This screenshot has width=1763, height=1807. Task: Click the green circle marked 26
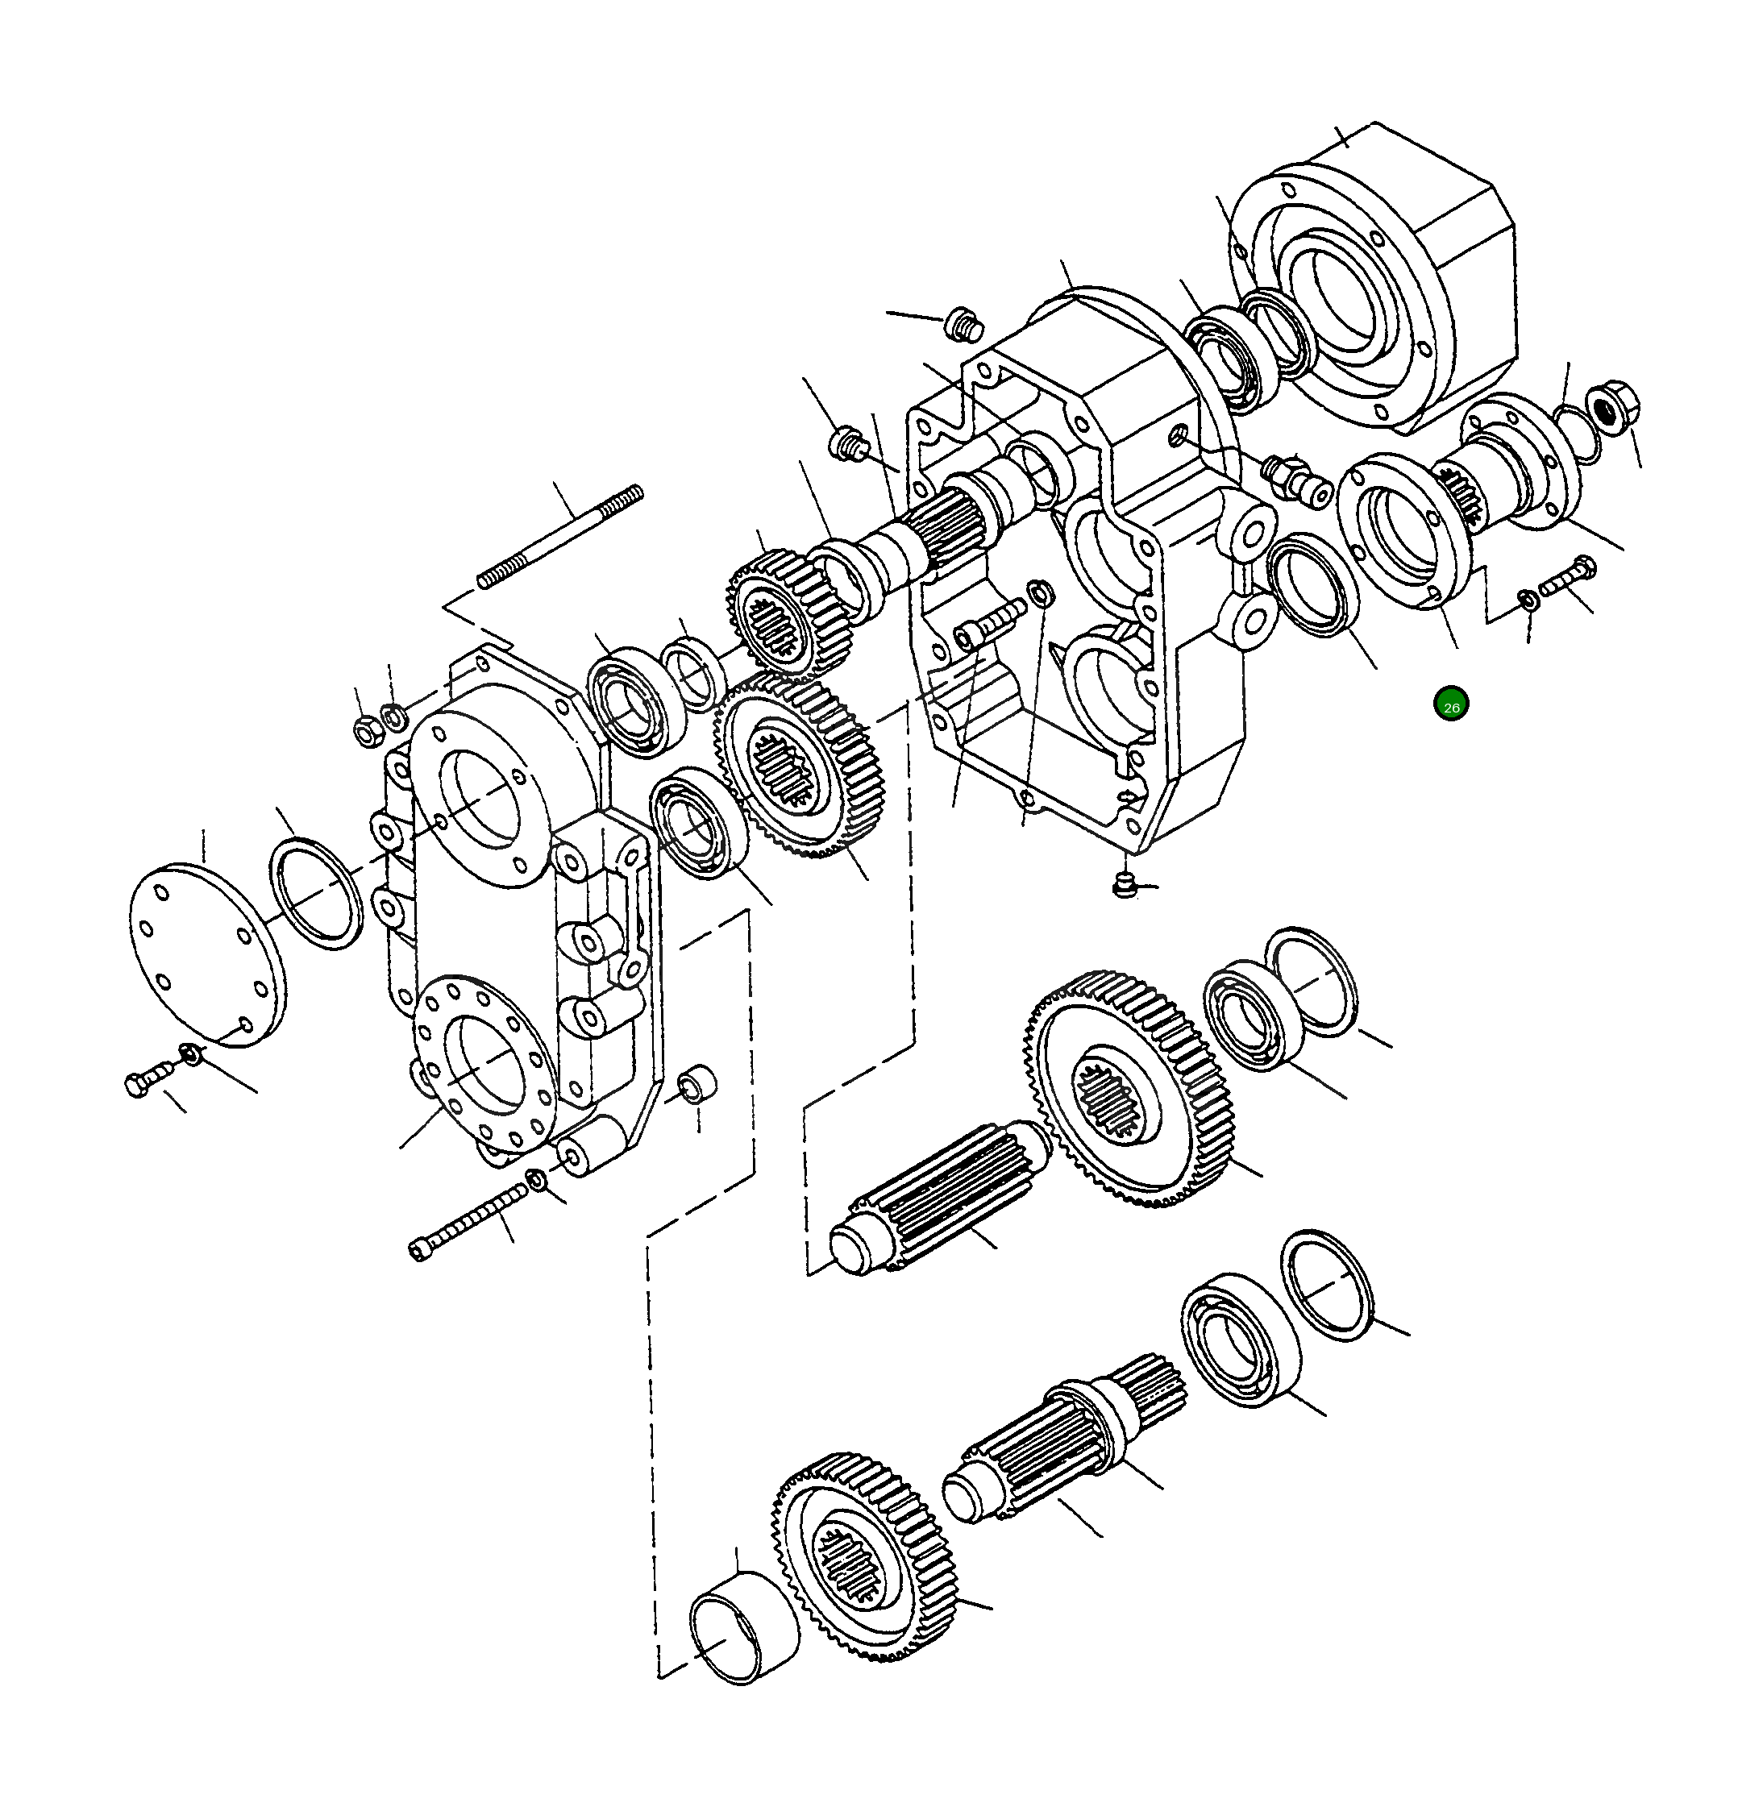(1451, 705)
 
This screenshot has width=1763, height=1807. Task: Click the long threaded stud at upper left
(561, 537)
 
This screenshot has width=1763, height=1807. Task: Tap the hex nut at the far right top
(1612, 405)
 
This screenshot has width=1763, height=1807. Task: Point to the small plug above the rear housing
(963, 325)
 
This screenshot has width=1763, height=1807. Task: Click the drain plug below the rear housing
(1123, 885)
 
